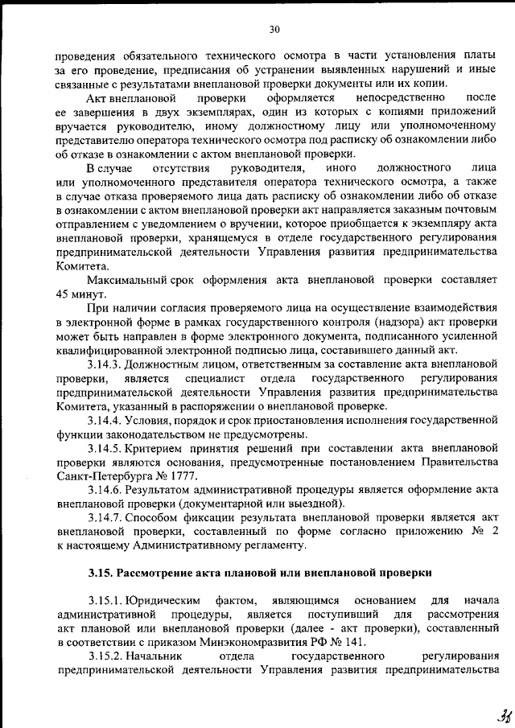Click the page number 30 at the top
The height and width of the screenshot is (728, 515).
274,30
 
